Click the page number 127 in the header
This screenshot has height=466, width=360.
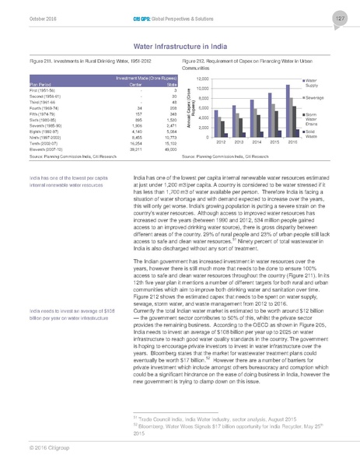pos(340,18)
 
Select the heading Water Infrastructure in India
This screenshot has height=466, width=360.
pos(180,46)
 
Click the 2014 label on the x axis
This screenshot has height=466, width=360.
pos(260,142)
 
